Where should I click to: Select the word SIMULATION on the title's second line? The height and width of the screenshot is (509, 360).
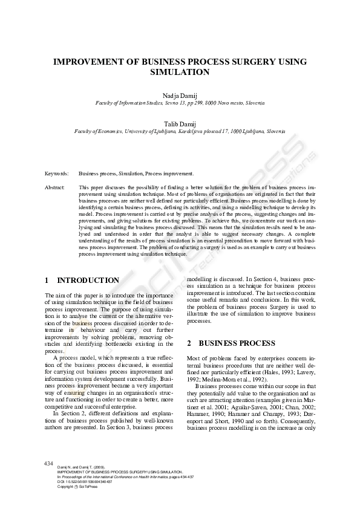tap(180, 72)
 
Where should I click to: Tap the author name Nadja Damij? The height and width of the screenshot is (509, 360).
tap(180, 96)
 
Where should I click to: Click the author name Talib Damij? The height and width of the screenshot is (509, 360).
tap(180, 123)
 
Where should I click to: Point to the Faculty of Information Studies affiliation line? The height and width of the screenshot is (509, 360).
tap(180, 103)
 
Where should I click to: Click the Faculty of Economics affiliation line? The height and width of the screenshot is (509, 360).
tap(180, 131)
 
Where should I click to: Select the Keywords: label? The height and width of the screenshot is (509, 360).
tap(56, 173)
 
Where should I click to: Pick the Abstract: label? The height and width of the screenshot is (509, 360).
tap(55, 188)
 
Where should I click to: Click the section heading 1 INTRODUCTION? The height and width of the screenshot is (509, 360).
tap(82, 280)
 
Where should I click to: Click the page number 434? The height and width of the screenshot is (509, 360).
tap(49, 463)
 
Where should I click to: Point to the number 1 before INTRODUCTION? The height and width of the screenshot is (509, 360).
tap(47, 280)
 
